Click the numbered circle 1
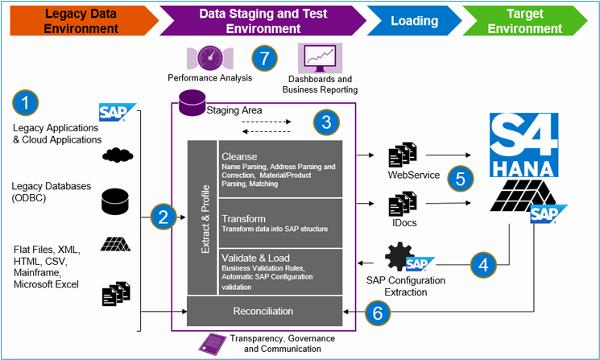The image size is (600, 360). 26,103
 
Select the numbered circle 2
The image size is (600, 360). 163,216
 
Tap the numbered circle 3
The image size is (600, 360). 325,122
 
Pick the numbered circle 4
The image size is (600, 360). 483,263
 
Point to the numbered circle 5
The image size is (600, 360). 460,178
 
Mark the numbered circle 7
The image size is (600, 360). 264,58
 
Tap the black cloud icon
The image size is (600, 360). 118,155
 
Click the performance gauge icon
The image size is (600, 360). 210,58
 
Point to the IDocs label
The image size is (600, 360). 400,222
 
